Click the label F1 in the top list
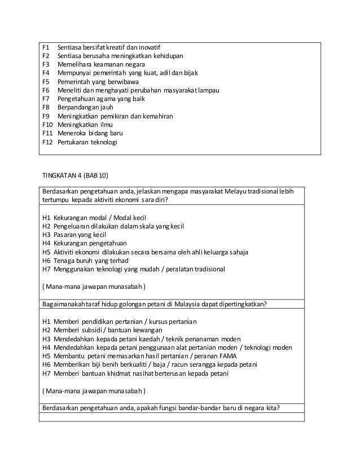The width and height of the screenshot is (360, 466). click(46, 47)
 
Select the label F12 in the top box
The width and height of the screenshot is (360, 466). click(47, 142)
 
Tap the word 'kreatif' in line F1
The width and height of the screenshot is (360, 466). click(119, 47)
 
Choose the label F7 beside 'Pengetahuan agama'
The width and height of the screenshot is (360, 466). click(46, 99)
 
